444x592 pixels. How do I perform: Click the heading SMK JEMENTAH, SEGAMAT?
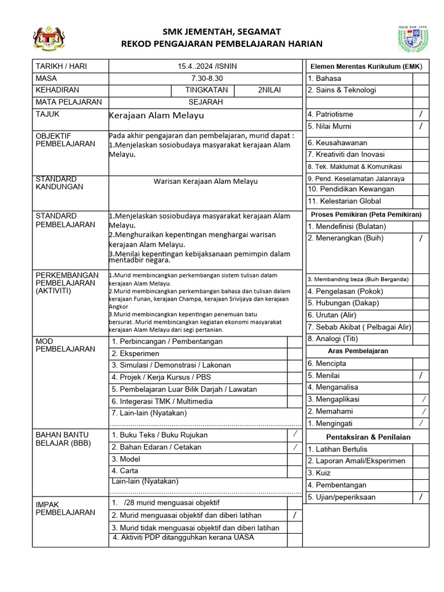222,31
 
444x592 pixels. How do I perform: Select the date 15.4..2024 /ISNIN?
207,66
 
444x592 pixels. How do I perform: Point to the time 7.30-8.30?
207,78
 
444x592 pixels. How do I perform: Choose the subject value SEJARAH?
206,102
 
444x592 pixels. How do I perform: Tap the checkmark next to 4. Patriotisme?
421,114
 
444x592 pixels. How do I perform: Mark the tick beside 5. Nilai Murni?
421,126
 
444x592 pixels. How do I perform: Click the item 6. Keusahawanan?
337,143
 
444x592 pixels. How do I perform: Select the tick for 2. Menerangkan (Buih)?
421,238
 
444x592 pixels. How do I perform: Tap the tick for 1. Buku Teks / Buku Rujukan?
295,434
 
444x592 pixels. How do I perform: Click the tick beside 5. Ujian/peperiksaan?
421,497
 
